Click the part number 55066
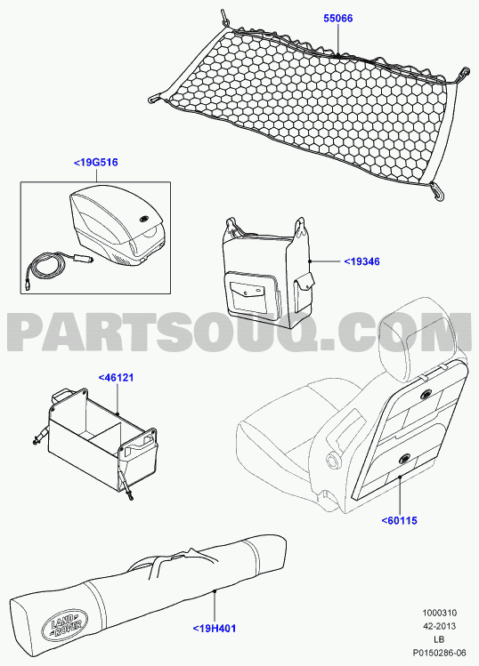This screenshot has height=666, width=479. pos(338,19)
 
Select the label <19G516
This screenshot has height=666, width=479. pos(96,162)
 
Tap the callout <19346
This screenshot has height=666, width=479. pos(361,261)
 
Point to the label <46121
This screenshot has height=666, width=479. pos(116,377)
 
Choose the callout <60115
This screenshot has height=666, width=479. pos(400,520)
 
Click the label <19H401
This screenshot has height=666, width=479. pos(215,628)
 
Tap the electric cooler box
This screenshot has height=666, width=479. pos(117,228)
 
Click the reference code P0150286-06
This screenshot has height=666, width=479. pos(439,653)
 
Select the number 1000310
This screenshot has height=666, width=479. pos(440,613)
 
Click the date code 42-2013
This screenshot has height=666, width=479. pos(440,626)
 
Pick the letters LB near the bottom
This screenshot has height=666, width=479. pos(439,639)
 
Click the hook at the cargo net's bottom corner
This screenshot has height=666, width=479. pos(436,190)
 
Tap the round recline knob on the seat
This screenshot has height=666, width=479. pos(333,460)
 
